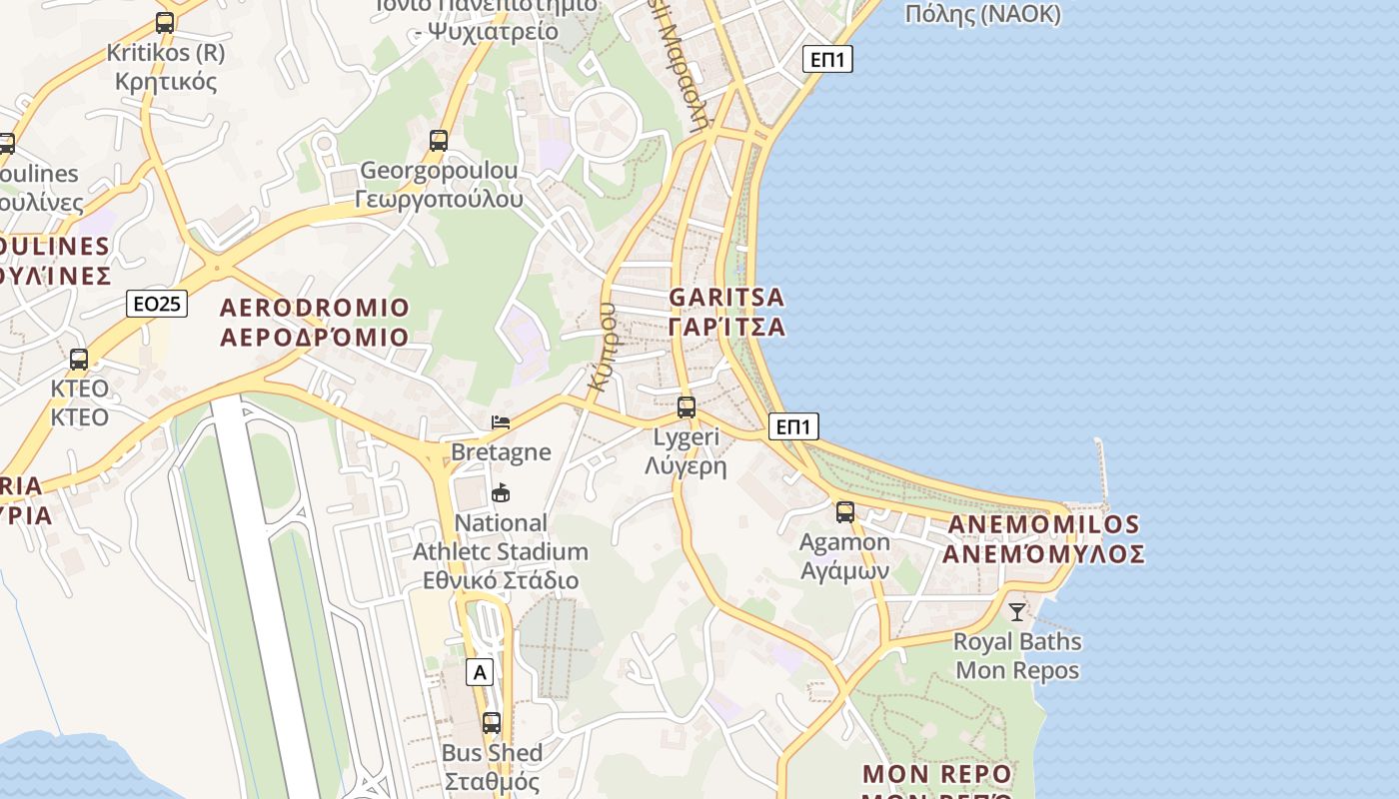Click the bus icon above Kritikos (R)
click(x=165, y=22)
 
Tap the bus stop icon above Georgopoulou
click(x=439, y=141)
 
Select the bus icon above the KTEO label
click(x=79, y=360)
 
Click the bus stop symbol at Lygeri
click(x=687, y=407)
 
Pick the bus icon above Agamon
click(x=845, y=512)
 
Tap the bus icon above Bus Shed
click(x=492, y=723)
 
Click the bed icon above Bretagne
click(x=501, y=422)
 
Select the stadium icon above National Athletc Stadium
click(x=501, y=493)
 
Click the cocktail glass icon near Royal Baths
click(x=1017, y=611)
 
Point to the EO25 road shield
click(x=157, y=304)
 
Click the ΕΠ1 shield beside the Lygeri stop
click(x=793, y=427)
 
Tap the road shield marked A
click(x=480, y=672)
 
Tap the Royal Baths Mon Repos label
click(x=1017, y=655)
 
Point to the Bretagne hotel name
click(x=501, y=452)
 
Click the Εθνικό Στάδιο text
click(x=501, y=580)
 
